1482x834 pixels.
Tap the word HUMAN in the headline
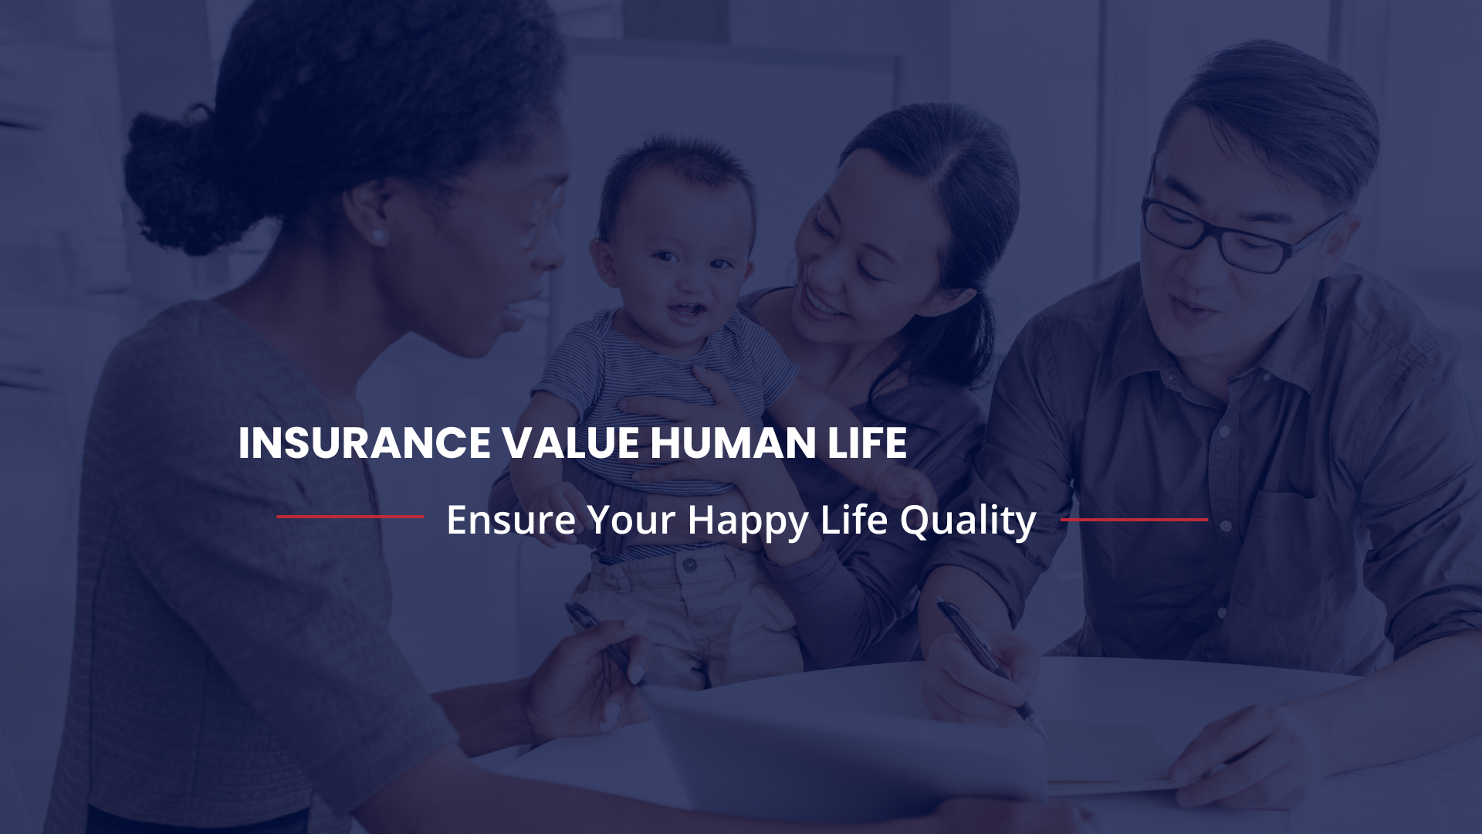tap(733, 443)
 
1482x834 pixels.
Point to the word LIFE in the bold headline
tap(867, 443)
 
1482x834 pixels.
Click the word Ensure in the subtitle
tap(511, 520)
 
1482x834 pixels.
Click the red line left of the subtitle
tap(350, 517)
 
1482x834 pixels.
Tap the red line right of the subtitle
tap(1134, 520)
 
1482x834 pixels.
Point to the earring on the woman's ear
tap(377, 236)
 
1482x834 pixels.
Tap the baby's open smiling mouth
tap(686, 311)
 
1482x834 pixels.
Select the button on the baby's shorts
tap(689, 565)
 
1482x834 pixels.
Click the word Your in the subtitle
tap(631, 520)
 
